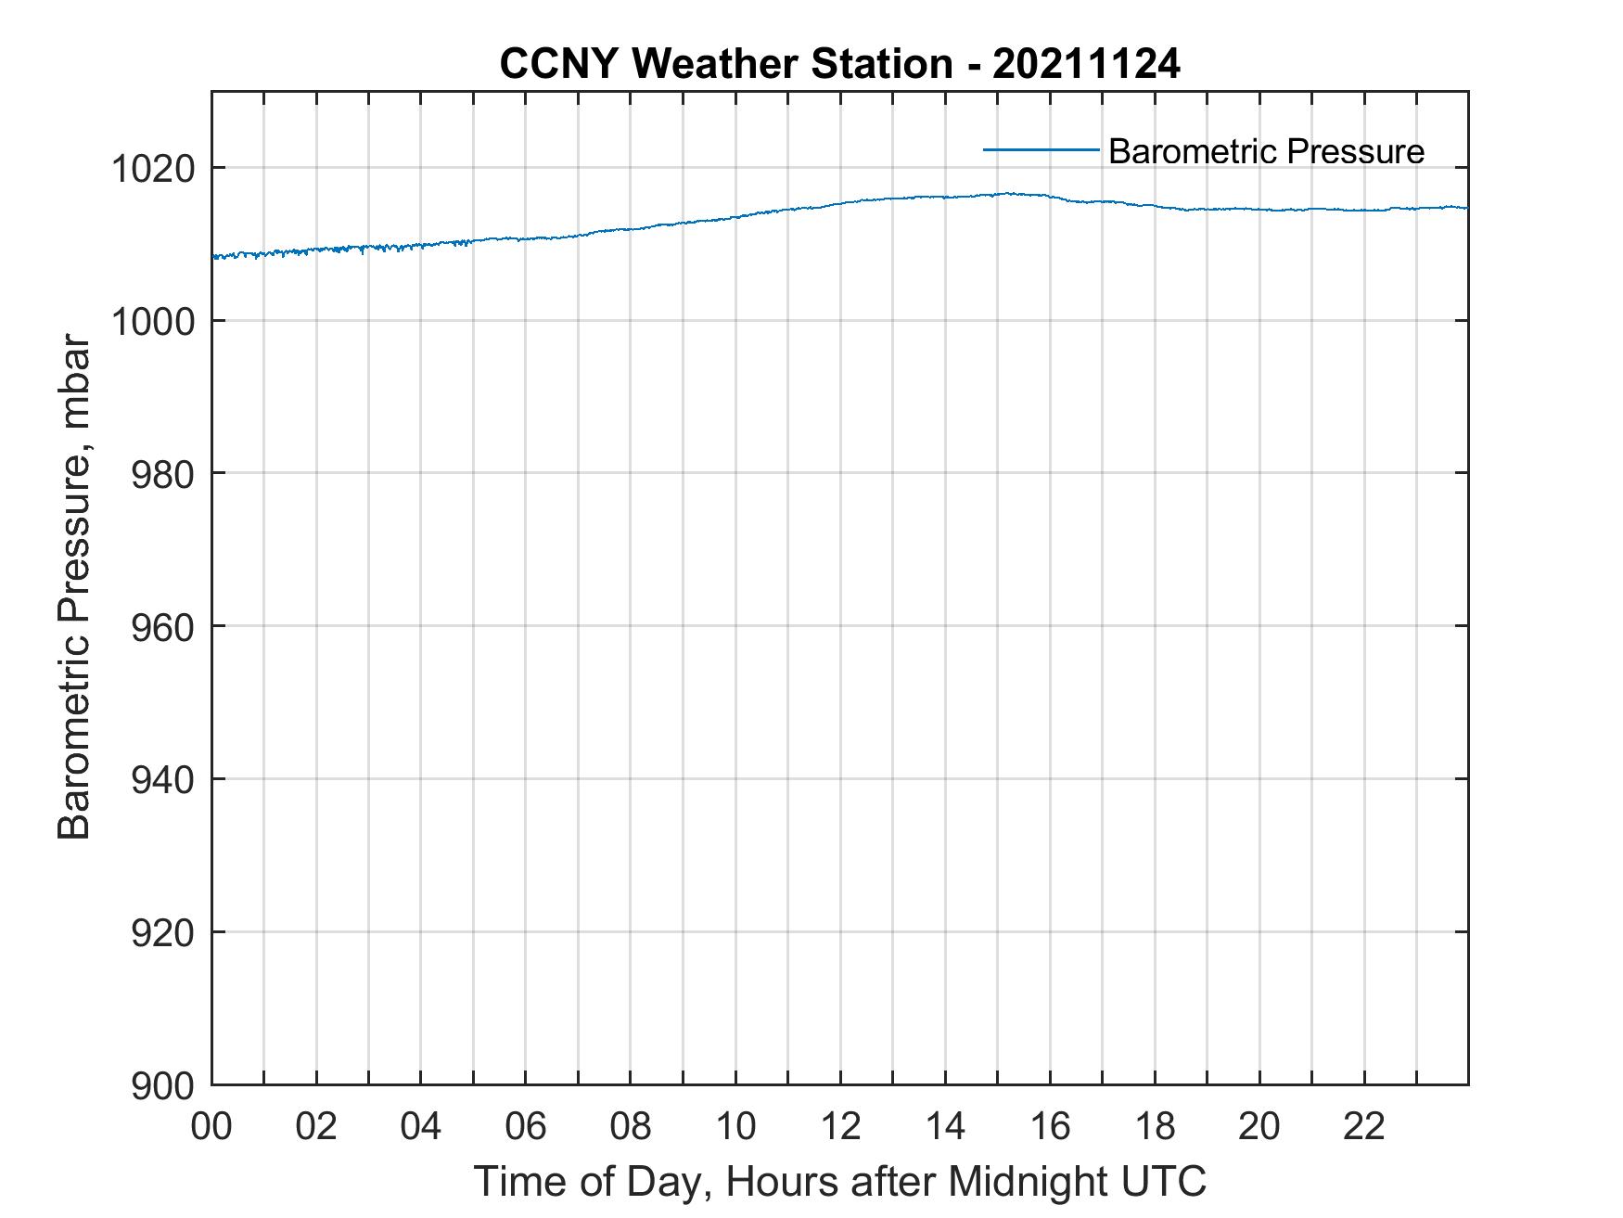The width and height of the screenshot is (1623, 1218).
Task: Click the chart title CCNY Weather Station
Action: pyautogui.click(x=725, y=64)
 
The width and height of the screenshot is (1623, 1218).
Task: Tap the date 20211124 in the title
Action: pyautogui.click(x=1086, y=64)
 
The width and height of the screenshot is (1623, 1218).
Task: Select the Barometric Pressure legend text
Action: pyautogui.click(x=1266, y=151)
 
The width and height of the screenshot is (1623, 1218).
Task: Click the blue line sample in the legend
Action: pyautogui.click(x=1041, y=149)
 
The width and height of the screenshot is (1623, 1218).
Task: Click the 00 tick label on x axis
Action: pyautogui.click(x=211, y=1126)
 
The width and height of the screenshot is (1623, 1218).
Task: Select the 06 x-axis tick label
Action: pyautogui.click(x=526, y=1126)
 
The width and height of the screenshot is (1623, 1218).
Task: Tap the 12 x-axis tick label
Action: pyautogui.click(x=840, y=1126)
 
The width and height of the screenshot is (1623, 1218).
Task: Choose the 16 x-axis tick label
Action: pyautogui.click(x=1050, y=1126)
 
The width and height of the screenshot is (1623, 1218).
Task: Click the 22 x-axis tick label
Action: pyautogui.click(x=1364, y=1126)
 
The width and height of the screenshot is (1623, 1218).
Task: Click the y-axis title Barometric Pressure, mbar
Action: pyautogui.click(x=74, y=588)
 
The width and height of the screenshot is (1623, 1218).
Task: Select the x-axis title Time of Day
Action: pyautogui.click(x=839, y=1182)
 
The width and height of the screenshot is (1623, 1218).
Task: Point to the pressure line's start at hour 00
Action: pyautogui.click(x=213, y=257)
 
